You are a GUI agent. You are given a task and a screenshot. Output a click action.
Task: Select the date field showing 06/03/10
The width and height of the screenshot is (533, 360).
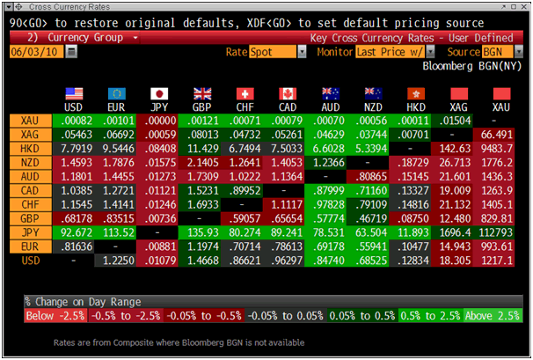pos(35,52)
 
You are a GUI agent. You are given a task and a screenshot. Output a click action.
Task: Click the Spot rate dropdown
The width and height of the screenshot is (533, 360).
pos(273,52)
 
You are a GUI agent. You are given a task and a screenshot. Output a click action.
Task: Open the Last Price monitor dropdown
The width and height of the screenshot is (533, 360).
pos(395,52)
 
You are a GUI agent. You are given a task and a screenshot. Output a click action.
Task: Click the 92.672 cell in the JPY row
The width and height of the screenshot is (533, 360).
pos(76,233)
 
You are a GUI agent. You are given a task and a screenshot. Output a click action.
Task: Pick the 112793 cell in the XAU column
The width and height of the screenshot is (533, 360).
pos(500,233)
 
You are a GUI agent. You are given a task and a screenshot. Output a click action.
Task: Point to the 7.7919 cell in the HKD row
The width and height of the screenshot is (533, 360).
pos(76,149)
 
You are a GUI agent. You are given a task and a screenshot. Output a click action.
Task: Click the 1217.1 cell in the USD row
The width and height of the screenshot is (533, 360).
pos(500,261)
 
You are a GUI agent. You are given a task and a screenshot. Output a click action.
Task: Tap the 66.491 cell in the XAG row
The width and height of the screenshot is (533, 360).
pos(500,135)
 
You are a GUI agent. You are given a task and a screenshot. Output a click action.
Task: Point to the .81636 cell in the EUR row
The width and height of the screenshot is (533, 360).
pos(76,247)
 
